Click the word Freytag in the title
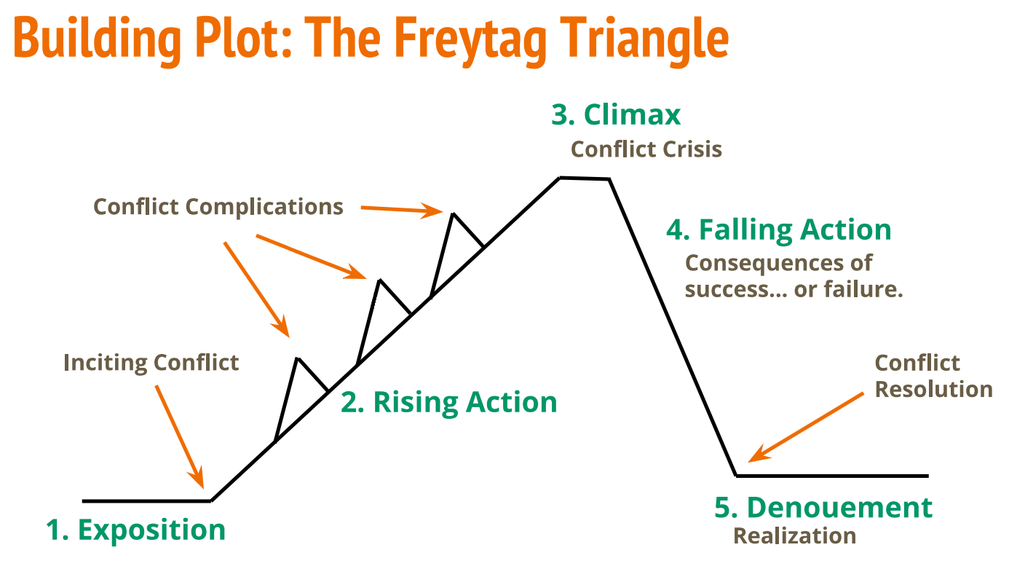point(470,41)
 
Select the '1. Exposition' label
point(135,530)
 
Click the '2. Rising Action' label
point(448,402)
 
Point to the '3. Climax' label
point(616,114)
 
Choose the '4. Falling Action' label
point(779,230)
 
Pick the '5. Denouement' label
point(823,508)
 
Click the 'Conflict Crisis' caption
point(646,149)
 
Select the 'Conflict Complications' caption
point(218,208)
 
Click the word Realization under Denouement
point(794,536)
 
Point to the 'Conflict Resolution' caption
point(933,377)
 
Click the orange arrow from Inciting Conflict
point(180,437)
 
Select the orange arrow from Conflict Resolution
point(806,428)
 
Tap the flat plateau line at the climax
point(585,178)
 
